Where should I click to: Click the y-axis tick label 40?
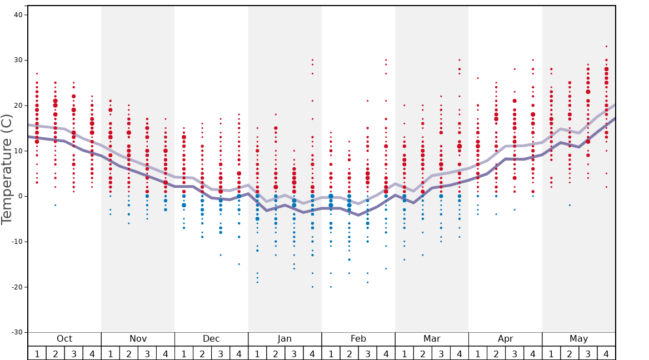(18, 15)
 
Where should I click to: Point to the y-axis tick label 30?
(18, 60)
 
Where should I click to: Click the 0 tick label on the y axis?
(20, 196)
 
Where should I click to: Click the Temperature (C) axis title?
(7, 169)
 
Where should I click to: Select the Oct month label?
(64, 339)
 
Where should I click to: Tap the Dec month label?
(211, 339)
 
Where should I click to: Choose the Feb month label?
(358, 339)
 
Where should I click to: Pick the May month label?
(578, 339)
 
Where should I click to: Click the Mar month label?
(432, 339)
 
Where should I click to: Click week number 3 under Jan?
(294, 353)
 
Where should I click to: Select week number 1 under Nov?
(111, 353)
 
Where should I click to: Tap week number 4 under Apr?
(533, 353)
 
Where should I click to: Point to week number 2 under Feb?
(349, 353)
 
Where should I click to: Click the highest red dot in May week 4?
(606, 46)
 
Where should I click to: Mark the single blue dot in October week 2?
(55, 205)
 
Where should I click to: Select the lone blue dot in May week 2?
(570, 205)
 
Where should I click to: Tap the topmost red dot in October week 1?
(37, 73)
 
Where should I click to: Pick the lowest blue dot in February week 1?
(331, 287)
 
